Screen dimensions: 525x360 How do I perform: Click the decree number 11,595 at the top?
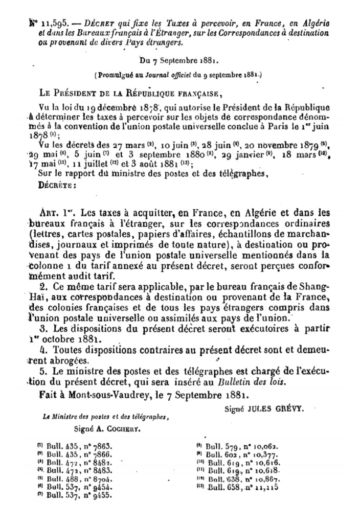click(48, 24)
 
